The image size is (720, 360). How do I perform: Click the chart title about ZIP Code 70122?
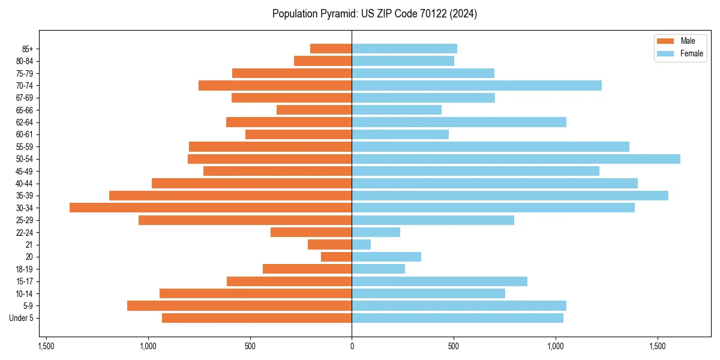374,14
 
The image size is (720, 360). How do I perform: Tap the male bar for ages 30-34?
211,208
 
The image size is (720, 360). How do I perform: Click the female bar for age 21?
361,245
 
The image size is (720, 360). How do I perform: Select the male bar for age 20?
337,257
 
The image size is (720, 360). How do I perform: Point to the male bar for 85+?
331,49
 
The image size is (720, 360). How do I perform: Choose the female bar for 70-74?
476,85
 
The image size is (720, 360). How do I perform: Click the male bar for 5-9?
239,306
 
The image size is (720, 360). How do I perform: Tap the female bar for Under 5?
457,318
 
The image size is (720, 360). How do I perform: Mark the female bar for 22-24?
376,232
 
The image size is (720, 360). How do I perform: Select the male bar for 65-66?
314,110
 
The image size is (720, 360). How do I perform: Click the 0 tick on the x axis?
352,346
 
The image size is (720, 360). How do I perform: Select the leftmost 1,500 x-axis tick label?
46,346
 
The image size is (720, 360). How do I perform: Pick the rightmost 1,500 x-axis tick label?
658,346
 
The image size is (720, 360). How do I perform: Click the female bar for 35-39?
510,196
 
